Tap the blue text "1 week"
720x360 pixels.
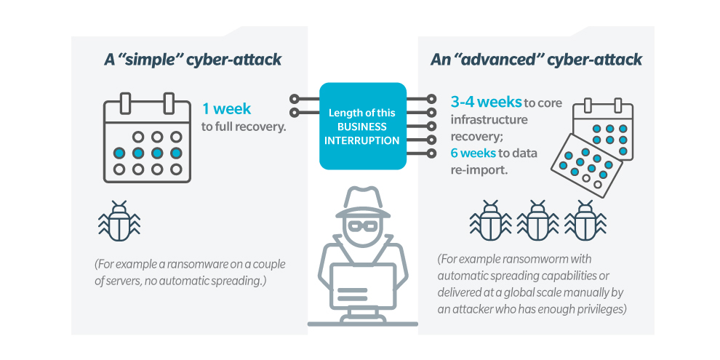pyautogui.click(x=226, y=109)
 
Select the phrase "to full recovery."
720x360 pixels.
pyautogui.click(x=244, y=127)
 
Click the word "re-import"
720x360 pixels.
pyautogui.click(x=478, y=170)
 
